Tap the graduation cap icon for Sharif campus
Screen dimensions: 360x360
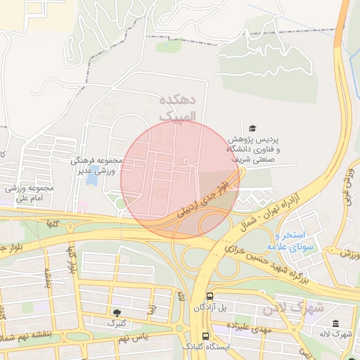click(252, 126)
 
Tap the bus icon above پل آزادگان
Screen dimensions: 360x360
click(210, 296)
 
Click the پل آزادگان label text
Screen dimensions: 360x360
click(210, 308)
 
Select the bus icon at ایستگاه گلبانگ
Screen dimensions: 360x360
click(205, 336)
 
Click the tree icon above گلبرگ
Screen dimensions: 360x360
click(116, 311)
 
